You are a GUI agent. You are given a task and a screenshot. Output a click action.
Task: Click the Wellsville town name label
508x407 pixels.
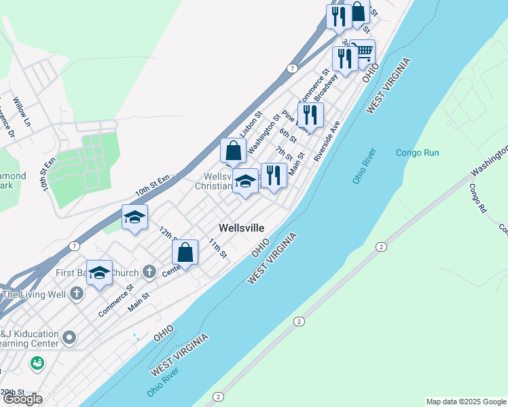coord(241,228)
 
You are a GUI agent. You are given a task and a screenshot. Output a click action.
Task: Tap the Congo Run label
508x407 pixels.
coord(418,153)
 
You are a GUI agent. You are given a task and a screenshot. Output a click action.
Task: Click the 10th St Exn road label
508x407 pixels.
coord(151,185)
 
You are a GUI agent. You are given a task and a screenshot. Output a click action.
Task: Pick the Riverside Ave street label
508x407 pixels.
coord(326,140)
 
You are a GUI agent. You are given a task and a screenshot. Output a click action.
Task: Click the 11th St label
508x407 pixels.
coord(217,248)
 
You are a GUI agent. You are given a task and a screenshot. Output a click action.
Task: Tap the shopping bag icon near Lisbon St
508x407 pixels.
coord(234,151)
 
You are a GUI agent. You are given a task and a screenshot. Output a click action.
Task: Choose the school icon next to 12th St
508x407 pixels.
coord(134,217)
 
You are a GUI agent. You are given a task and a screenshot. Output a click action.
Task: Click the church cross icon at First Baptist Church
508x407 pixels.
coord(149,272)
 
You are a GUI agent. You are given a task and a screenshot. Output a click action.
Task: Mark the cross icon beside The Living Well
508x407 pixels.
coord(77,294)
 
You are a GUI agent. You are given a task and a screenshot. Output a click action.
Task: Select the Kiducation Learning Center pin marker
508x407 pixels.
coord(69,336)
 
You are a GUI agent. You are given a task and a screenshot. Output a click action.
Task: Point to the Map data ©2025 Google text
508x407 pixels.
coord(465,402)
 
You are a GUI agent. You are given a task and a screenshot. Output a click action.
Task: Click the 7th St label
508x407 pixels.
coord(284,153)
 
